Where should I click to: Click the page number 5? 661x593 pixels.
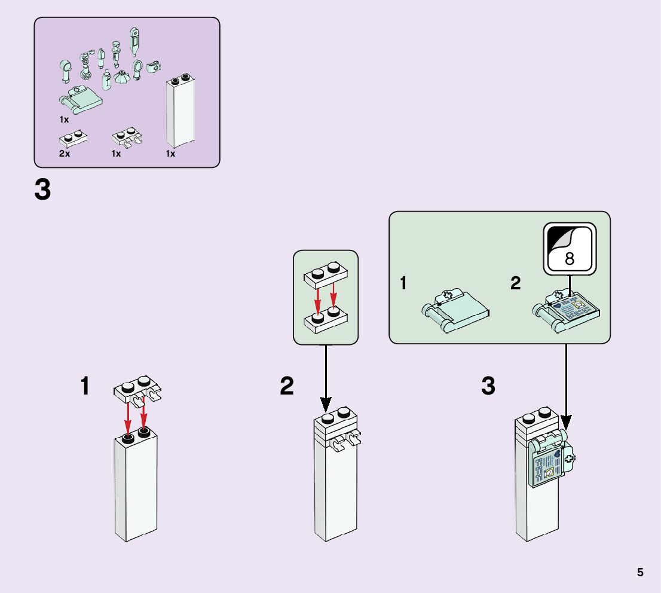coord(640,572)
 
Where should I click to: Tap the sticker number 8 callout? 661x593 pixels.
coord(569,248)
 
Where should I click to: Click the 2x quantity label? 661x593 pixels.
coord(64,154)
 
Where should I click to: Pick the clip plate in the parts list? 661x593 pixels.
coord(127,139)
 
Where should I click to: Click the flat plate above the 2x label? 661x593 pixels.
coord(74,139)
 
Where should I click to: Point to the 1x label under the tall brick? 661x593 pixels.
coord(171,154)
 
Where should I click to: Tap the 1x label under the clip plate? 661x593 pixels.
coord(117,154)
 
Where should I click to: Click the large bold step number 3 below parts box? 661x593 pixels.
coord(43,191)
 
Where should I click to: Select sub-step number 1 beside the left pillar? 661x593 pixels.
coord(85,386)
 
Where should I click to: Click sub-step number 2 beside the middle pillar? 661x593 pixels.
coord(287,387)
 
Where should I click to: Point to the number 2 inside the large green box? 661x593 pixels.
coord(516,283)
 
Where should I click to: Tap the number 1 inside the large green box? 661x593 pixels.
coord(403,283)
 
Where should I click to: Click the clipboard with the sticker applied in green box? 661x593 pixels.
coord(567,310)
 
